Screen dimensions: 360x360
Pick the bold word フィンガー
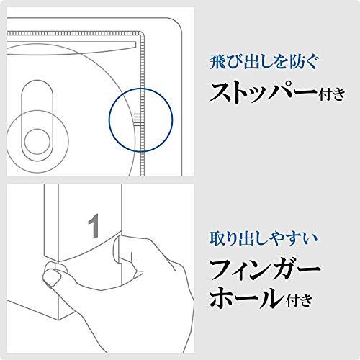coord(264,269)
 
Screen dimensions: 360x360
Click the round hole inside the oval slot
coord(35,139)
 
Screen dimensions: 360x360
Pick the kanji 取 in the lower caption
coord(215,235)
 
